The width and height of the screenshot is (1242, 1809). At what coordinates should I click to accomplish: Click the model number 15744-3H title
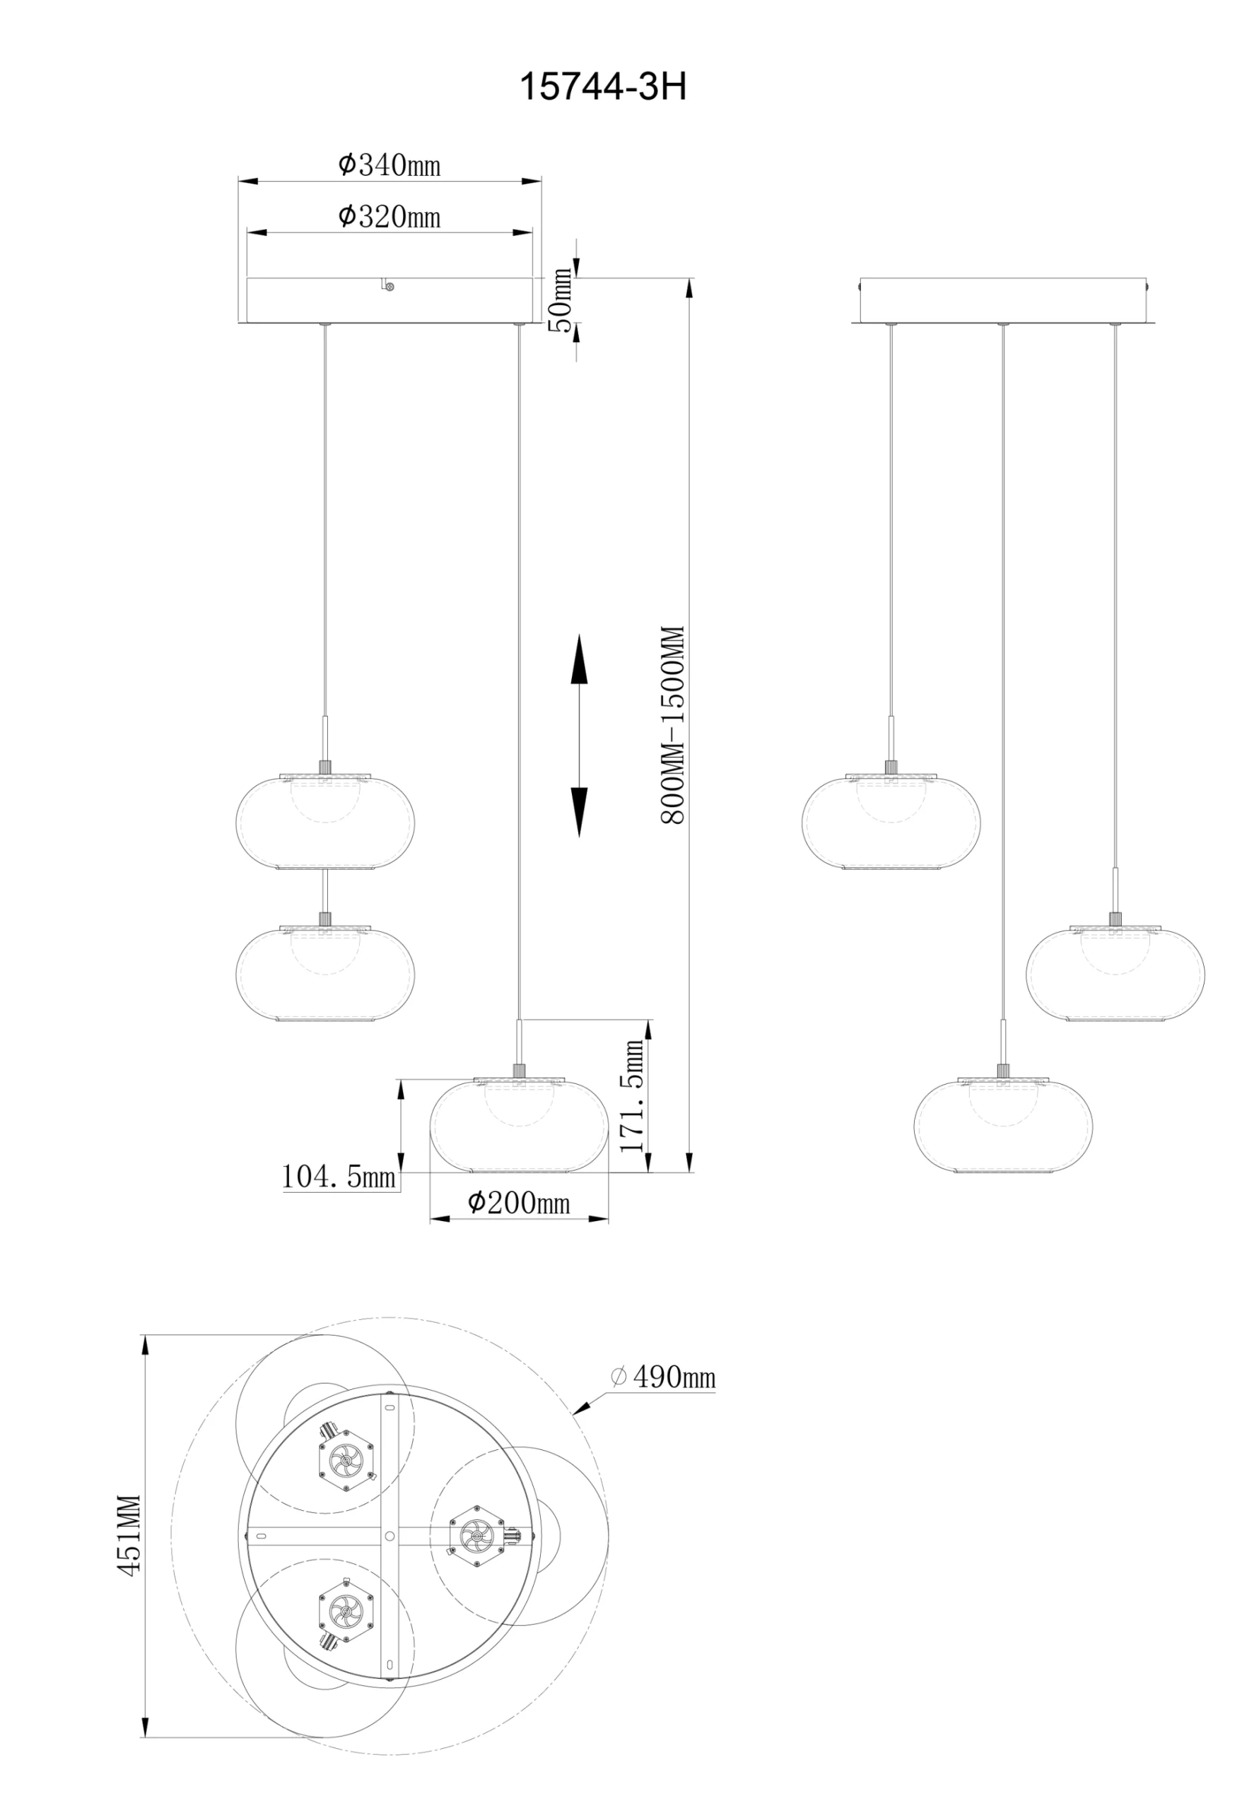pos(603,87)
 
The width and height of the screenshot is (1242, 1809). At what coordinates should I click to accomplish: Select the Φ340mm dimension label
pos(389,165)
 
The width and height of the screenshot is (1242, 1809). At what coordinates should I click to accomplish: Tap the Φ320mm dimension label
pos(389,216)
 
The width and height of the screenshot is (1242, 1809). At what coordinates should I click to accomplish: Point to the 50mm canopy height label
pos(561,300)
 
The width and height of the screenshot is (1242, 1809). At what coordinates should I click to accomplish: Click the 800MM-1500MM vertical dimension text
pos(672,726)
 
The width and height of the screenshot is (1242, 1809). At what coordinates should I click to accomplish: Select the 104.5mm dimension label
pos(339,1175)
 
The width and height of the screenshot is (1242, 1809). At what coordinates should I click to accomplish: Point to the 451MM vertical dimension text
pos(129,1536)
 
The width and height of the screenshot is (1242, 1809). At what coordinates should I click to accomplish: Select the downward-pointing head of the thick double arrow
pos(578,812)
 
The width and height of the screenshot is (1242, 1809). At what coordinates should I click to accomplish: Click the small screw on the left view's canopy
pos(389,286)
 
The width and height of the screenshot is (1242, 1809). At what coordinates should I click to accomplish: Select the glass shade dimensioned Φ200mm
pos(520,1125)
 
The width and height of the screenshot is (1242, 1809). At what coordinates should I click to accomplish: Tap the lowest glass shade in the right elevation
pos(1003,1126)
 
